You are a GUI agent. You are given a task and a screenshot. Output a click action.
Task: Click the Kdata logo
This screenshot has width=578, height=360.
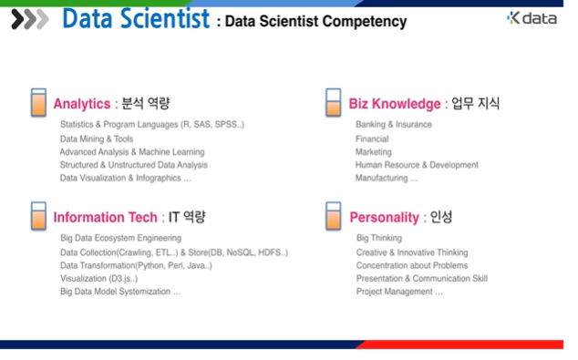click(x=531, y=18)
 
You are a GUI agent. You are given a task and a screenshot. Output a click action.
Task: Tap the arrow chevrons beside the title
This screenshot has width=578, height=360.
click(x=30, y=19)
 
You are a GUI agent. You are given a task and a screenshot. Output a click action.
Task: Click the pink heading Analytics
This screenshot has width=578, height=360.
click(x=81, y=104)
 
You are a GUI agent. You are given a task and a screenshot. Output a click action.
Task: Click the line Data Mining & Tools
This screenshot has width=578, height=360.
click(x=96, y=139)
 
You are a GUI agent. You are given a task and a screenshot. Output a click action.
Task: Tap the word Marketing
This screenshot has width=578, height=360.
click(x=374, y=152)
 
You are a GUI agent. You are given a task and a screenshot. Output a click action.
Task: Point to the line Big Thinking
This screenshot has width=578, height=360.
click(x=379, y=238)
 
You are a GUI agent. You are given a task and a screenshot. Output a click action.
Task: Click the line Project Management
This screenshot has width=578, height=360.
click(x=399, y=292)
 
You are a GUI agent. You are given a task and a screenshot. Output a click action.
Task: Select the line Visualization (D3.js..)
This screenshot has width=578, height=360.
click(x=98, y=278)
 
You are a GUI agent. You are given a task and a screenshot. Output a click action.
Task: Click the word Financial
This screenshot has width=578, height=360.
click(x=373, y=139)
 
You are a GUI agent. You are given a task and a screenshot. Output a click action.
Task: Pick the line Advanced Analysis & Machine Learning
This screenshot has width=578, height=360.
click(x=132, y=152)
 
